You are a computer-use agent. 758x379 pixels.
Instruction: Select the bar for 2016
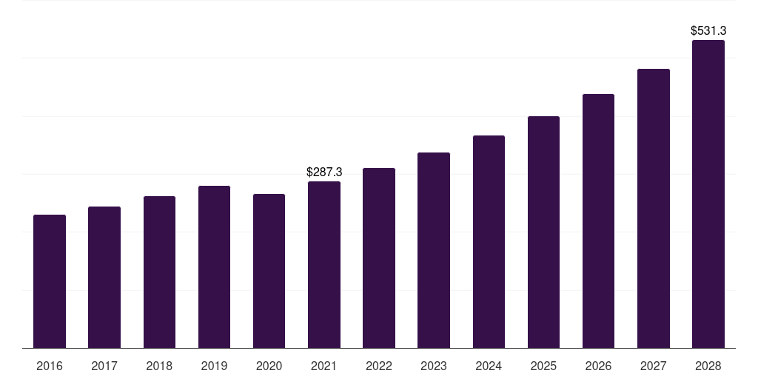(50, 281)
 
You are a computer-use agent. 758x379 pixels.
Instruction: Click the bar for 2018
(159, 272)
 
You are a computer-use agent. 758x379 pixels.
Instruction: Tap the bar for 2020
(269, 271)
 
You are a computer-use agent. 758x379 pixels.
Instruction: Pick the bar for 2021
(324, 264)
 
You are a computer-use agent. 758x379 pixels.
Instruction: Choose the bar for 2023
(434, 250)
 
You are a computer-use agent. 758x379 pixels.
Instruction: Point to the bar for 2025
(543, 232)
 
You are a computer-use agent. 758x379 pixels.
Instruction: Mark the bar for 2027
(653, 208)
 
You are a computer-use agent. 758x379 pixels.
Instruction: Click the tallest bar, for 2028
(708, 194)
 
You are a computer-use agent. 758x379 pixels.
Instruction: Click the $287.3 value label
(324, 172)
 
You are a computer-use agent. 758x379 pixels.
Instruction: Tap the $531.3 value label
(708, 31)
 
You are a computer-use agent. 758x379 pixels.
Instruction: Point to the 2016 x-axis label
(50, 366)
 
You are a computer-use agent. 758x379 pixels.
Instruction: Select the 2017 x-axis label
(104, 366)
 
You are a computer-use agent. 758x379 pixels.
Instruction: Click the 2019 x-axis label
(214, 366)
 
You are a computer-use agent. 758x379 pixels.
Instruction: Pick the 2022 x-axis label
(379, 366)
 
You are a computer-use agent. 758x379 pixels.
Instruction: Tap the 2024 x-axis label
(489, 366)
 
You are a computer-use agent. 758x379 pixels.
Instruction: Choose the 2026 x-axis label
(598, 366)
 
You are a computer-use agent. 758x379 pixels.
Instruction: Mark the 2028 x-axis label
(708, 366)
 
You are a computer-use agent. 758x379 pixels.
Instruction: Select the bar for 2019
(214, 266)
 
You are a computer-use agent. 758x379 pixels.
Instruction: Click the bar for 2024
(489, 241)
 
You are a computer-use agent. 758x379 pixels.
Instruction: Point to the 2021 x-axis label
(324, 366)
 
